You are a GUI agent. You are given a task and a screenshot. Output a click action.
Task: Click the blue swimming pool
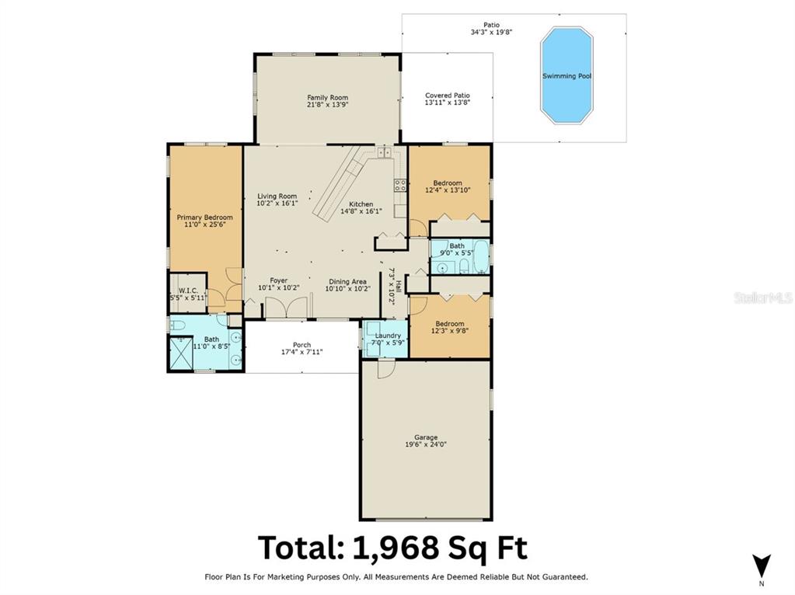(567, 75)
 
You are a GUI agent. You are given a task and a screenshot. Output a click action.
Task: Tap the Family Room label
(327, 97)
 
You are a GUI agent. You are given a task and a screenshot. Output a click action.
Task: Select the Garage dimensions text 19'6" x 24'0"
(426, 444)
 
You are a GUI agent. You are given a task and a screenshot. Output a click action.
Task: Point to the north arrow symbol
(761, 565)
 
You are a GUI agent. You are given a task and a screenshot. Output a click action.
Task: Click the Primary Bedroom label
(205, 217)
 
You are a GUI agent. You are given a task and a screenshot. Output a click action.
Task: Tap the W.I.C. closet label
(188, 291)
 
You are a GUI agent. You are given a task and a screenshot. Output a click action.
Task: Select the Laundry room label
(388, 336)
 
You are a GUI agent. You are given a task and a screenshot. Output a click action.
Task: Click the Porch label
(302, 345)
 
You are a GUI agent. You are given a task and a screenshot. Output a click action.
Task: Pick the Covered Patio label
(447, 96)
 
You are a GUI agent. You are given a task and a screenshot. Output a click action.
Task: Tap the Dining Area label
(347, 282)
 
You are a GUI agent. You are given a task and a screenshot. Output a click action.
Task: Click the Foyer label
(278, 280)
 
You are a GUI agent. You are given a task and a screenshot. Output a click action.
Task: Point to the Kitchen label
(361, 204)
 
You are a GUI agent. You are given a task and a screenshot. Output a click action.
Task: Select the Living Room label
(277, 197)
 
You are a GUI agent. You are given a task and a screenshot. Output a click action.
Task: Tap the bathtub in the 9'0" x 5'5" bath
(480, 257)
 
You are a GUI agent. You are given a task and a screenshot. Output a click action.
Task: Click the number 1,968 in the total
(396, 548)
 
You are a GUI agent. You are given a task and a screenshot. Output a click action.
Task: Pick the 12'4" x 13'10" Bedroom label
(447, 183)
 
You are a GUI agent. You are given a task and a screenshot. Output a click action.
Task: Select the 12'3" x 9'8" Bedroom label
(450, 324)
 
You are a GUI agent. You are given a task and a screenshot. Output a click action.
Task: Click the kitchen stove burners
(400, 185)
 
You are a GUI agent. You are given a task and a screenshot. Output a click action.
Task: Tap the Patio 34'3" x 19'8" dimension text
(491, 32)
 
